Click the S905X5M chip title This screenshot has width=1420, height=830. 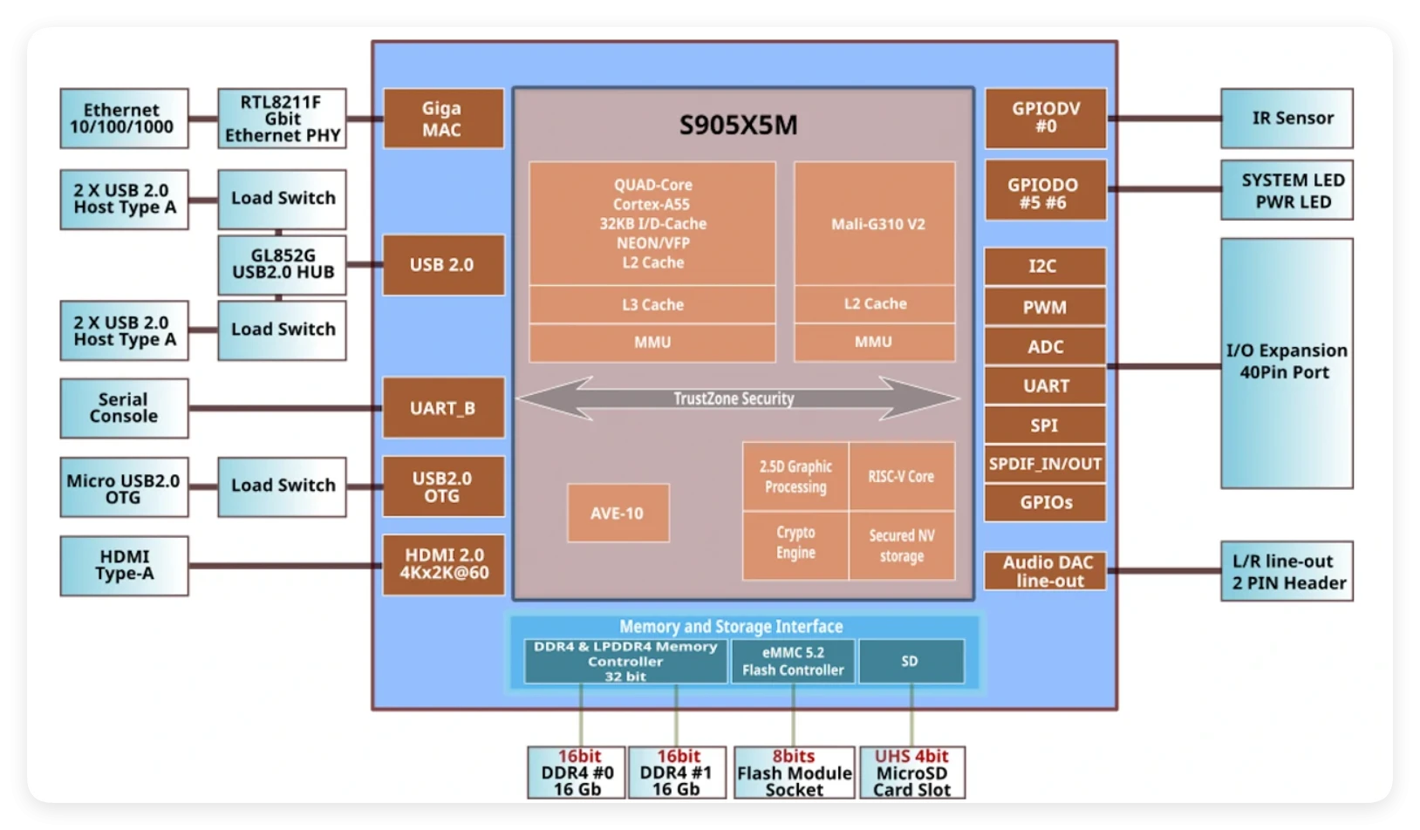point(738,125)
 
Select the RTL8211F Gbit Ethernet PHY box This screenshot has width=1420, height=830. point(282,119)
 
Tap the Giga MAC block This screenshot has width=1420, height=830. point(443,119)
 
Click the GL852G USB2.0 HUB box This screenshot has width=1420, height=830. point(282,264)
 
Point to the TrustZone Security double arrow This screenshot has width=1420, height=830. point(737,398)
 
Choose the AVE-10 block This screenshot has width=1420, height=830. point(618,513)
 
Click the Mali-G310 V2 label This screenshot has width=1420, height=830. point(877,224)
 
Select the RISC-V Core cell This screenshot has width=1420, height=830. point(901,476)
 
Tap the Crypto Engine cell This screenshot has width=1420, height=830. point(795,542)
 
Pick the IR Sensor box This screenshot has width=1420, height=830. point(1287,119)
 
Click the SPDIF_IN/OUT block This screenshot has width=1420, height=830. point(1045,464)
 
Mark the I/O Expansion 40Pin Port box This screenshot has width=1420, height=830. point(1287,362)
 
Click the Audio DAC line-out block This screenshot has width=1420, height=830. point(1045,571)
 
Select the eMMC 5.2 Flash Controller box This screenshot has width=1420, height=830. point(793,661)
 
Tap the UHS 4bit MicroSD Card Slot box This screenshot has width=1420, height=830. point(912,772)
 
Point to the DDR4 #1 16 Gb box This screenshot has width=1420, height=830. point(676,772)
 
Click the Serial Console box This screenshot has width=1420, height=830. point(124,407)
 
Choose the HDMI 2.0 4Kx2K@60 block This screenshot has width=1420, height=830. point(443,564)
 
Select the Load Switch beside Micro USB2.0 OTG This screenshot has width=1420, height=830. point(282,486)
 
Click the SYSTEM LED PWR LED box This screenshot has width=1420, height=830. point(1287,190)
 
